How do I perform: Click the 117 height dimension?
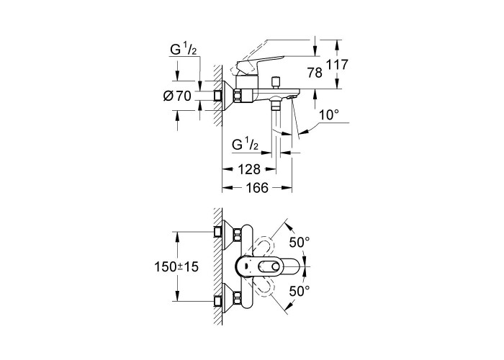(337, 65)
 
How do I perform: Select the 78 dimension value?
(315, 73)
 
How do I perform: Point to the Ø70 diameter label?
(177, 96)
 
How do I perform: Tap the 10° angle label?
(329, 114)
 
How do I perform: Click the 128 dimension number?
(249, 169)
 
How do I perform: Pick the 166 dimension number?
(257, 188)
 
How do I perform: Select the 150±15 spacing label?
(177, 267)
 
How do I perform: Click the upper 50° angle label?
(300, 242)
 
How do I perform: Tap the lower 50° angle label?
(300, 291)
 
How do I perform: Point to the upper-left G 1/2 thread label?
(183, 50)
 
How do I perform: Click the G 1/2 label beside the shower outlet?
(245, 145)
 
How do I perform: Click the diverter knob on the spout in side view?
(275, 83)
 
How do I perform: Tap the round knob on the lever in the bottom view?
(275, 266)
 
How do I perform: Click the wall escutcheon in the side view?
(228, 96)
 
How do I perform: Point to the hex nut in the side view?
(238, 96)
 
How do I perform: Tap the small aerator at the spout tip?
(292, 96)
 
